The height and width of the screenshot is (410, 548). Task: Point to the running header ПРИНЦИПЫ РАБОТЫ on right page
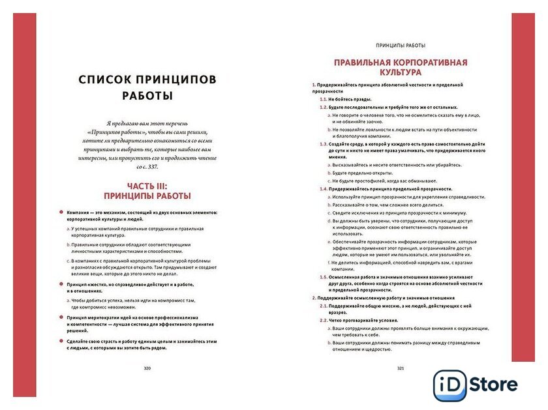(401, 46)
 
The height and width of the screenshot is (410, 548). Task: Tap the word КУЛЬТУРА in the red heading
(401, 73)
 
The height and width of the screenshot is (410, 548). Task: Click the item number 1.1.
(324, 99)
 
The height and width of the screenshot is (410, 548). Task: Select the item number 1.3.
(324, 143)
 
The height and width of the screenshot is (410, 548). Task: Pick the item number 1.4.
(324, 188)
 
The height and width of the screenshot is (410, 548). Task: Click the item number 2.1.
(324, 305)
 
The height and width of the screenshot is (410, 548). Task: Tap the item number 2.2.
(324, 320)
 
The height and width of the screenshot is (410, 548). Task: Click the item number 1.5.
(324, 276)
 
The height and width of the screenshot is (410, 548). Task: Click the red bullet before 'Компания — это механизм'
(61, 212)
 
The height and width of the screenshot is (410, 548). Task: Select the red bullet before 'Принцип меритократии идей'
(61, 317)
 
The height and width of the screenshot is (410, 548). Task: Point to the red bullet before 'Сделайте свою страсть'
(61, 341)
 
